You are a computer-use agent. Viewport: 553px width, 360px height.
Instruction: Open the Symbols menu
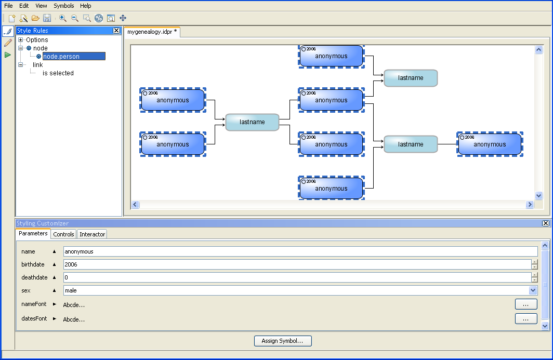pos(64,6)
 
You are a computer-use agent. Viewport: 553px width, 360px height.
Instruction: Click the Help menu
pos(86,6)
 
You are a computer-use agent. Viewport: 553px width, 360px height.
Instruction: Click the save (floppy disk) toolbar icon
pos(47,18)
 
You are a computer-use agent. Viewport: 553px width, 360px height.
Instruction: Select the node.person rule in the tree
pos(61,57)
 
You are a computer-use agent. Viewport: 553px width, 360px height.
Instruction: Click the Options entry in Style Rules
pos(37,40)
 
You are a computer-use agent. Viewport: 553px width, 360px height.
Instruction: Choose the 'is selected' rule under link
pos(58,73)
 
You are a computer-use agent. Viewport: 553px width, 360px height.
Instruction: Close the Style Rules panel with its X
pos(116,31)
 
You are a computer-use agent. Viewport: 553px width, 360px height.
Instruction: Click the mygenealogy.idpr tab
pos(152,32)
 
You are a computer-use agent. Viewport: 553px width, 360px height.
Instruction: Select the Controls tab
pos(64,234)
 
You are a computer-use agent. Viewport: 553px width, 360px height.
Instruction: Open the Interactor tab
pos(93,234)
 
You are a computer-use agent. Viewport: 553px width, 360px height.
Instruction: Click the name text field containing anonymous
pos(300,251)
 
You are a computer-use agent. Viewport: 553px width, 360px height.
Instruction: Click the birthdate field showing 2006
pos(296,264)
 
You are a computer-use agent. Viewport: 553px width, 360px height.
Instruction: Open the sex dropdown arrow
pos(533,290)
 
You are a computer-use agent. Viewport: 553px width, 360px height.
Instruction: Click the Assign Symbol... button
pos(283,341)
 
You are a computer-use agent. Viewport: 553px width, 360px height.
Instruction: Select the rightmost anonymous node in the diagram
pos(490,144)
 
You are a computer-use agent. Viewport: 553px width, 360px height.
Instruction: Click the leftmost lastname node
pos(252,122)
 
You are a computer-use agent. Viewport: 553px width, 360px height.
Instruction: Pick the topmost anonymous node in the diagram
pos(331,56)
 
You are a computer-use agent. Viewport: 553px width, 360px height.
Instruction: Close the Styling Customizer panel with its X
pos(545,223)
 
